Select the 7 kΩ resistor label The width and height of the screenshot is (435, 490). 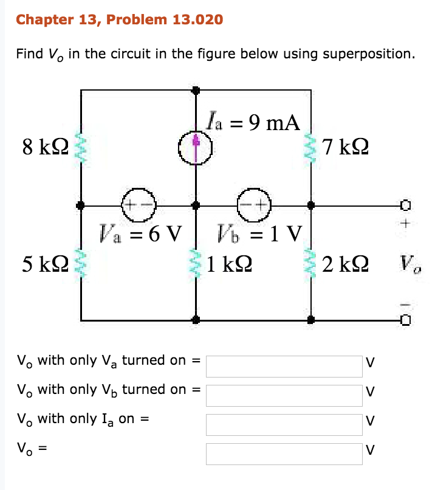(x=346, y=147)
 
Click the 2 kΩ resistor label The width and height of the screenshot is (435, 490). (x=345, y=264)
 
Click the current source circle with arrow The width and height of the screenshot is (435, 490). (x=195, y=147)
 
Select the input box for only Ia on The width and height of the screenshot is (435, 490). (x=284, y=424)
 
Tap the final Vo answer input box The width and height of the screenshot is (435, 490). (x=284, y=454)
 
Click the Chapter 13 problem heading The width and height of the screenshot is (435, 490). (x=120, y=20)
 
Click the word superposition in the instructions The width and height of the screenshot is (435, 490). (x=368, y=53)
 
